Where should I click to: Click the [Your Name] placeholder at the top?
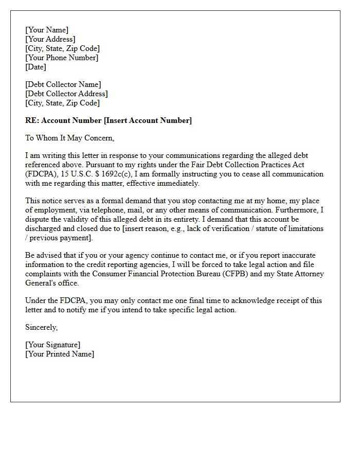point(47,30)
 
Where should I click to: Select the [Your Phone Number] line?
point(62,58)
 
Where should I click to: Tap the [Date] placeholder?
point(35,67)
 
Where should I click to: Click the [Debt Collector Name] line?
point(63,84)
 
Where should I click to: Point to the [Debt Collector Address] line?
point(66,94)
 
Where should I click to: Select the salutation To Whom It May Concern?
point(69,138)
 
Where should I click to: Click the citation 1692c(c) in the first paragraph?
point(114,174)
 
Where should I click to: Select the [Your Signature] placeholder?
point(53,345)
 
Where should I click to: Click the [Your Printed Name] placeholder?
point(60,354)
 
